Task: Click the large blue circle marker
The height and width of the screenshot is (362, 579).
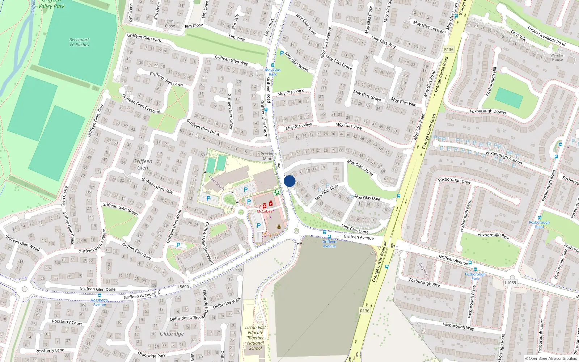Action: [x=289, y=181]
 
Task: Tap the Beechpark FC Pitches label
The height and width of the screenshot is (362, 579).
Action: [x=79, y=42]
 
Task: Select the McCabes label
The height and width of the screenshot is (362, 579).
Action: [x=264, y=211]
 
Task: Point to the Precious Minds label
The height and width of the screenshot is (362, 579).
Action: [x=269, y=156]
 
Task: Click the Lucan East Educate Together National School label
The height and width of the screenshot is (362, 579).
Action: [x=255, y=338]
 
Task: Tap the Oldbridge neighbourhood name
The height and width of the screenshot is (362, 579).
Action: [x=172, y=334]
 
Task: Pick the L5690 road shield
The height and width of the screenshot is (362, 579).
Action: [x=183, y=287]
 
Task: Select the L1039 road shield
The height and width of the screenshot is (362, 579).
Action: [x=510, y=283]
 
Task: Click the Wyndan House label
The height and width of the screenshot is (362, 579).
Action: [x=557, y=58]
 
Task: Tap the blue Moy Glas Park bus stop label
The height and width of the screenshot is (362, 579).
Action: [x=272, y=72]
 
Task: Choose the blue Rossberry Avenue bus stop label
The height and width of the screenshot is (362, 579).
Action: [x=100, y=302]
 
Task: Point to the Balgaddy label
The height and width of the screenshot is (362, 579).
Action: [x=424, y=270]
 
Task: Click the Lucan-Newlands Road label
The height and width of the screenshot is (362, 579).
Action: [x=546, y=36]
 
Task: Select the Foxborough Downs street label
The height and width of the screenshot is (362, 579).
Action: [x=487, y=111]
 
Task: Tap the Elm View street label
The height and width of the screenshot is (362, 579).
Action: [x=237, y=38]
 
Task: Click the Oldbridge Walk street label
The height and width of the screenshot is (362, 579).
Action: [x=227, y=304]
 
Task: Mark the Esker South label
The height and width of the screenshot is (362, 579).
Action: [x=216, y=183]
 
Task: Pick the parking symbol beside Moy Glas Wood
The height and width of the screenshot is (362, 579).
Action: [x=282, y=53]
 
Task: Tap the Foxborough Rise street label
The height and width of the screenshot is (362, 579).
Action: [x=424, y=282]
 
